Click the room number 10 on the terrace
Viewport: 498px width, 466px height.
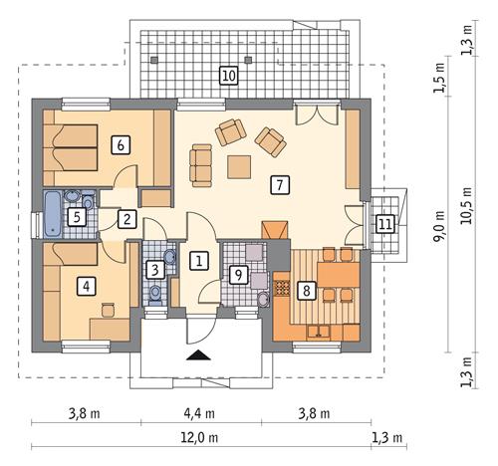(x=228, y=75)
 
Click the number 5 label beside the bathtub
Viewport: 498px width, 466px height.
(x=75, y=215)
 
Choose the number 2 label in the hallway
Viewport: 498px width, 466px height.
(x=126, y=220)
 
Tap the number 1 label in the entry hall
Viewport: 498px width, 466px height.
(x=199, y=261)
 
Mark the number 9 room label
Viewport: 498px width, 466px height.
(x=237, y=273)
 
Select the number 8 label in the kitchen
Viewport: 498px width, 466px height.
(x=307, y=290)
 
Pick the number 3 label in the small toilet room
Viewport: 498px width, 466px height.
(x=154, y=269)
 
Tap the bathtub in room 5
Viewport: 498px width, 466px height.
(x=52, y=215)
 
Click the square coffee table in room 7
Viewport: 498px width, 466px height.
(x=239, y=166)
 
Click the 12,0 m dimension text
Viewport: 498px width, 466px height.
(x=199, y=436)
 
